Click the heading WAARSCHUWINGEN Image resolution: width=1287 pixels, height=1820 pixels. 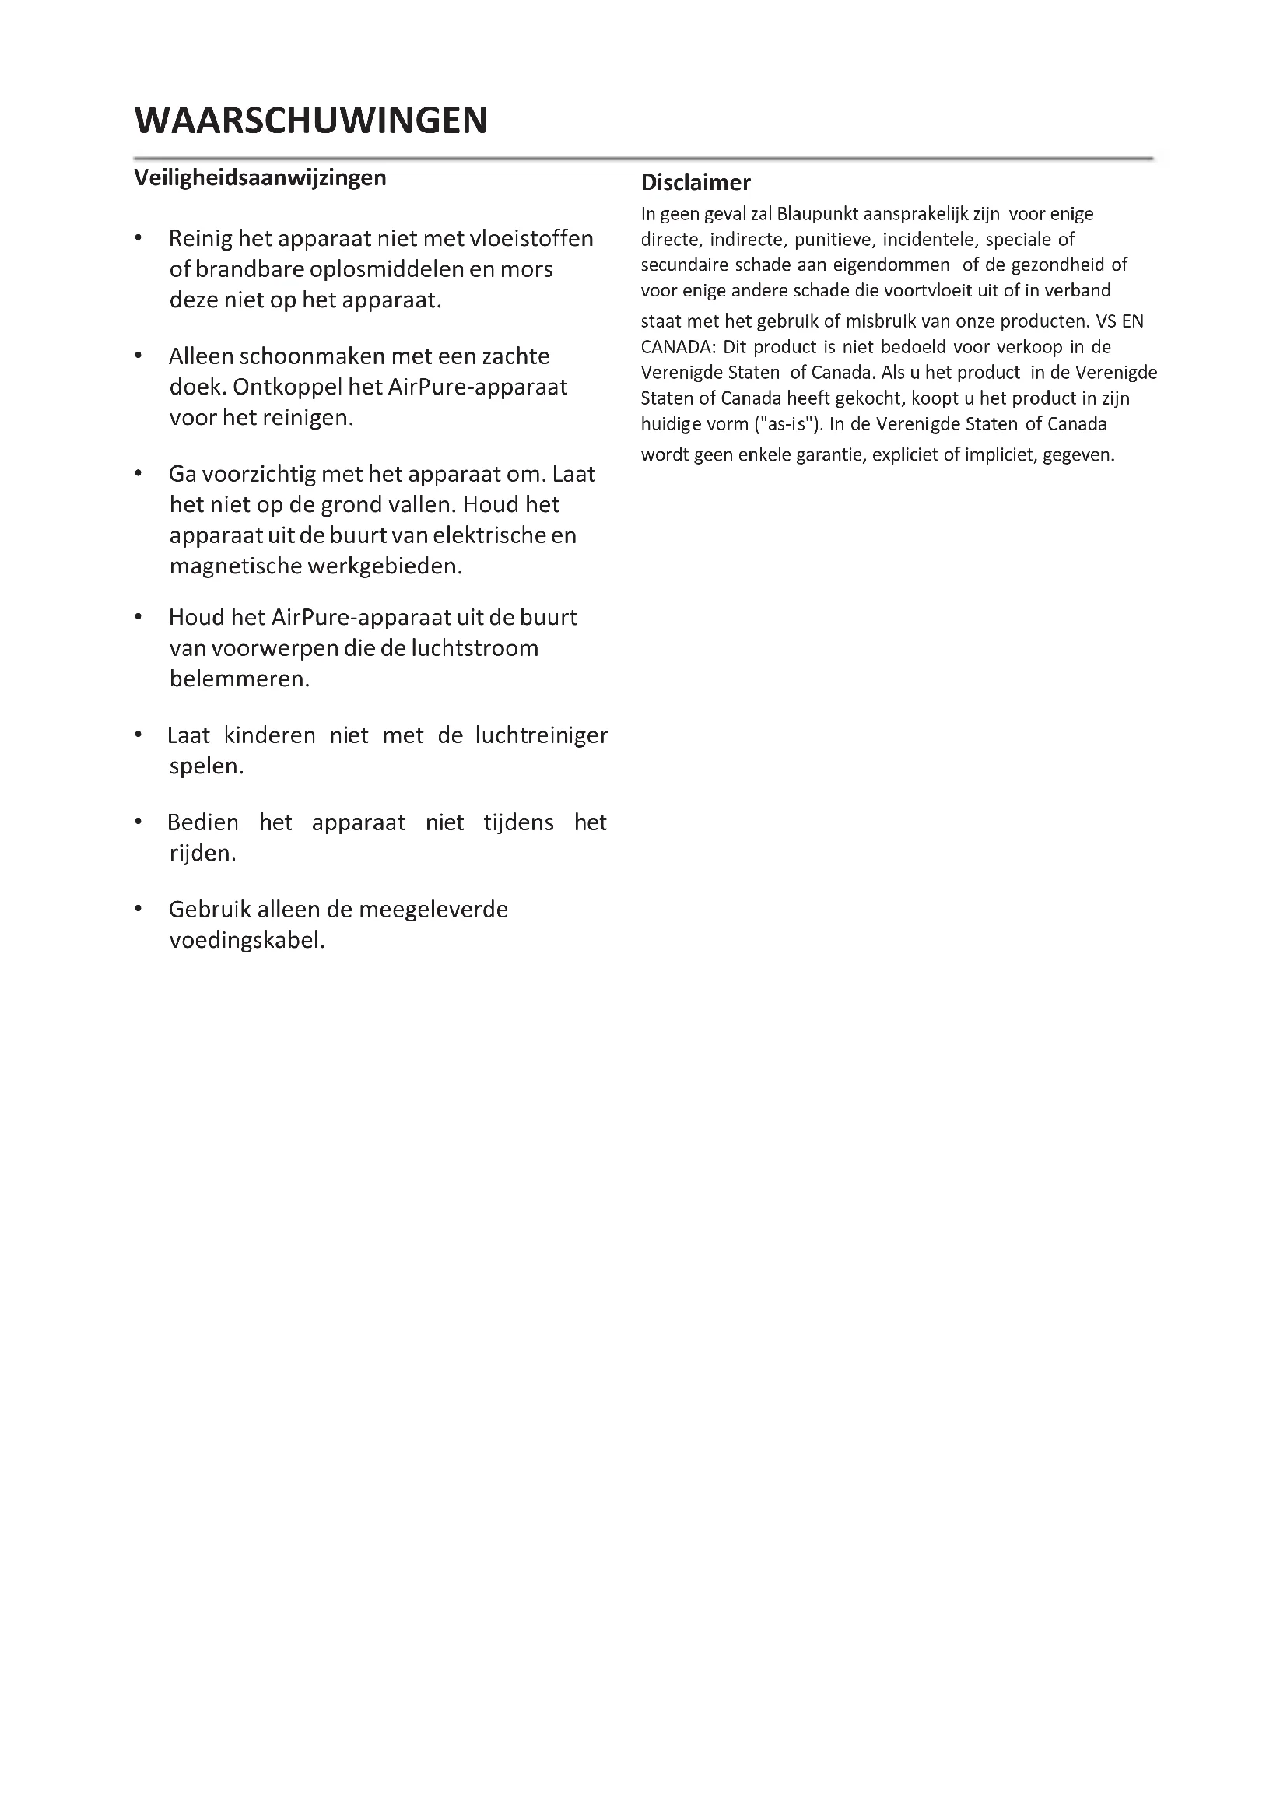tap(310, 121)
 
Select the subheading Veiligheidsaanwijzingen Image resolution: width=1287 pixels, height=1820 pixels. tap(260, 177)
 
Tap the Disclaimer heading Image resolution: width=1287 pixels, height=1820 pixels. tap(695, 182)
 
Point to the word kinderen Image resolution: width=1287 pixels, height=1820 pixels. tap(269, 735)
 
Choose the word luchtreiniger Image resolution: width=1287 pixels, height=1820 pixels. tap(542, 735)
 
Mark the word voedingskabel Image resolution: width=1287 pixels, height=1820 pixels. tap(247, 941)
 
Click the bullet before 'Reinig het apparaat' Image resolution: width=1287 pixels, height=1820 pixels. tap(139, 238)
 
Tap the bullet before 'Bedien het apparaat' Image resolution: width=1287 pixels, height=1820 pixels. tap(139, 822)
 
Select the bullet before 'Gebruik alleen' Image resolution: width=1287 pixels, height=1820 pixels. tap(139, 908)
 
